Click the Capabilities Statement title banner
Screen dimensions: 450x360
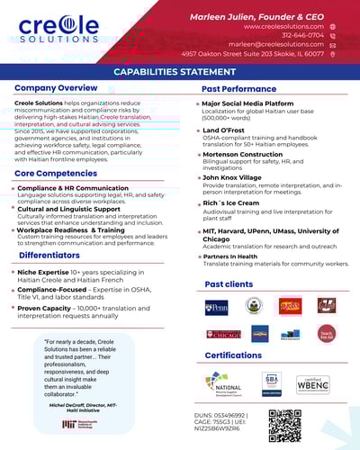[180, 71]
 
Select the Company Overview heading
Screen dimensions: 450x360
[56, 88]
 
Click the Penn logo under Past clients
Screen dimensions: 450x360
[216, 307]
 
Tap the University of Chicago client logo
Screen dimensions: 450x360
[223, 334]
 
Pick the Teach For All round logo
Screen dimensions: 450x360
[327, 334]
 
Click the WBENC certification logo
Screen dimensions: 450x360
[314, 380]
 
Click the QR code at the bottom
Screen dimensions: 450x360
[284, 425]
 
